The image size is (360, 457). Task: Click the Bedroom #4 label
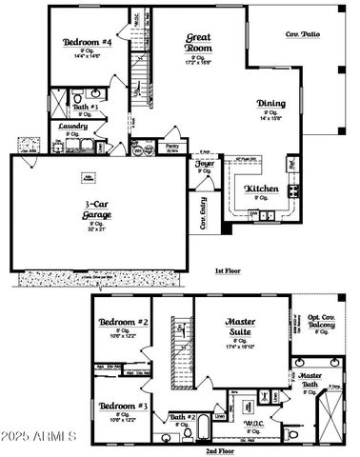(87, 43)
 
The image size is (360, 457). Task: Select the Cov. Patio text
(304, 34)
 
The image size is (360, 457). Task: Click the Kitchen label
(262, 189)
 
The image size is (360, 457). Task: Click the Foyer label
(204, 163)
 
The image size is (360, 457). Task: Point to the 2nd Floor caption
(220, 450)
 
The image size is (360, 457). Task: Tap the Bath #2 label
(183, 417)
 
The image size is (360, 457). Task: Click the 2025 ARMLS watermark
(38, 437)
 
